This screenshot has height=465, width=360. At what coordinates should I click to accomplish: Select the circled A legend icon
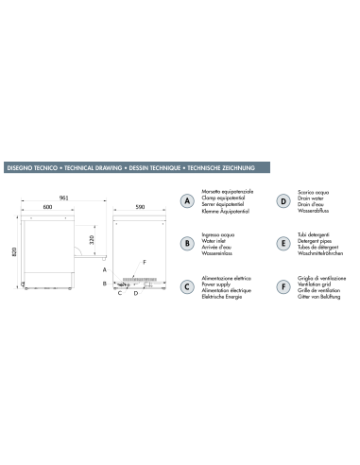pos(188,201)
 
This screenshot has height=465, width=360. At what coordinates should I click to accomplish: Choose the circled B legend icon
pos(188,243)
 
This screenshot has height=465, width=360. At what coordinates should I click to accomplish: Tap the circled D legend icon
pos(283,201)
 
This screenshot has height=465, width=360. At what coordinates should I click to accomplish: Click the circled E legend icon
pos(283,243)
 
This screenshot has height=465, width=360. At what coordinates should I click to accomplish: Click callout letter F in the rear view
pos(145,260)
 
